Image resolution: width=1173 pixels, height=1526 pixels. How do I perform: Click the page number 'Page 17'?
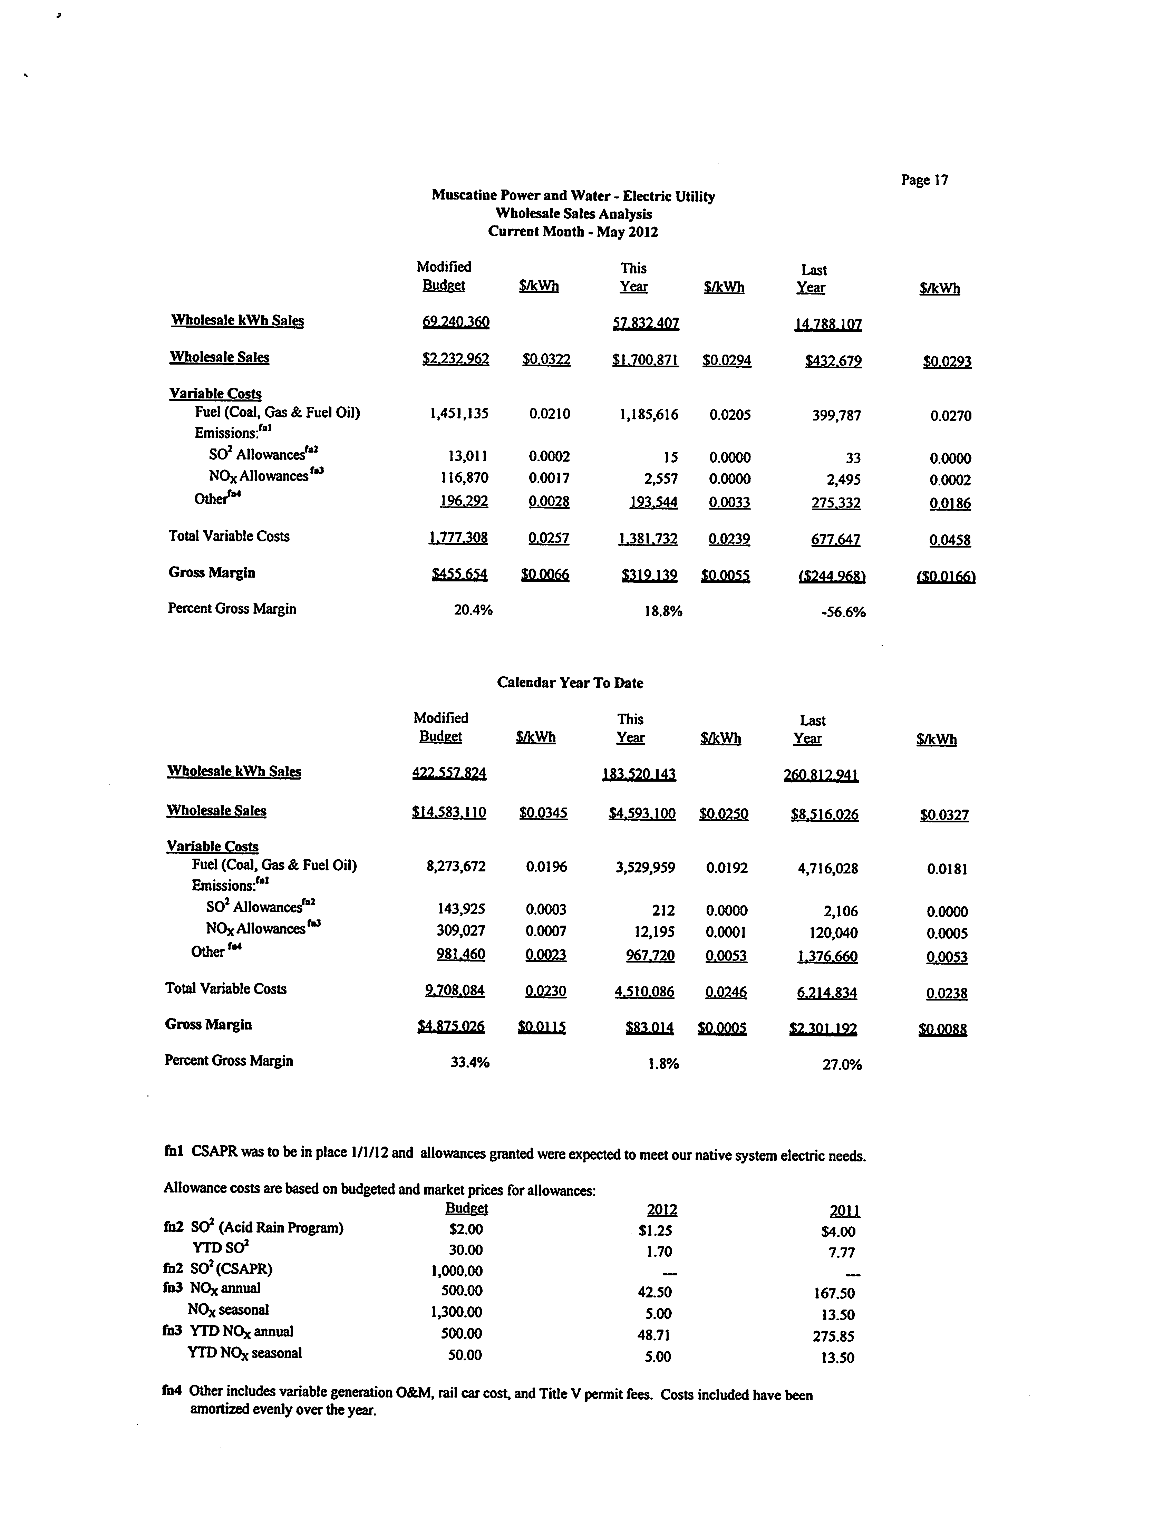pos(924,180)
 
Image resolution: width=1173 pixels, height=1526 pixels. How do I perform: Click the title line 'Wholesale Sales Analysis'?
pos(573,214)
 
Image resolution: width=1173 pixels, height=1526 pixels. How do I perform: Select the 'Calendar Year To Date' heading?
pos(570,682)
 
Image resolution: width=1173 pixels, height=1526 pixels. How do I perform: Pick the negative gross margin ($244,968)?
pos(832,576)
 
